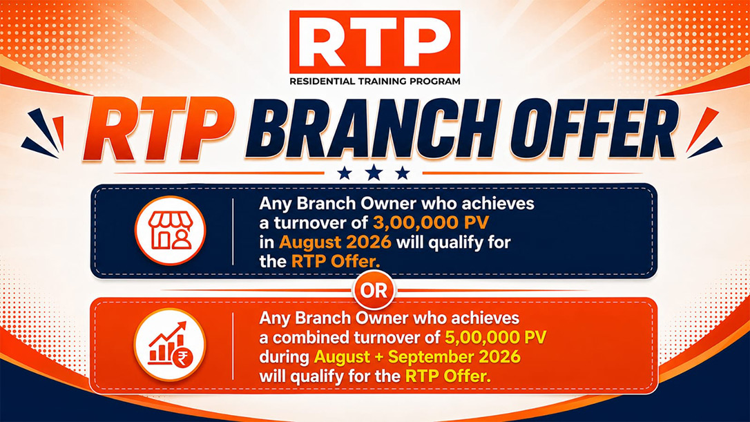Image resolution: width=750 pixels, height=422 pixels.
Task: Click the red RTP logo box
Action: click(374, 41)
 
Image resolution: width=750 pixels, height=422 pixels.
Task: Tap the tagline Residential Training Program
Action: click(374, 81)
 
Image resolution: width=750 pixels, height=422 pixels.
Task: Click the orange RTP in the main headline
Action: click(159, 129)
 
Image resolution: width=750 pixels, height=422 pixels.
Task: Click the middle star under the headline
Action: click(374, 173)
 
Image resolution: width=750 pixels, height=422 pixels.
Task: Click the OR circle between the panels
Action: click(374, 290)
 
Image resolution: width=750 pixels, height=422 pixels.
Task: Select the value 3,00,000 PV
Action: click(431, 223)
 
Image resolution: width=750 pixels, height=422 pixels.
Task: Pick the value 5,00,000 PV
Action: click(496, 337)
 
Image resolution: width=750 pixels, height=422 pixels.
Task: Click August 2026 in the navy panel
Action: click(336, 242)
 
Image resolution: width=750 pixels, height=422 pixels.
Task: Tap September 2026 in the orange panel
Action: click(454, 357)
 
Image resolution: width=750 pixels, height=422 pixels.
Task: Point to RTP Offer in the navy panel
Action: click(336, 262)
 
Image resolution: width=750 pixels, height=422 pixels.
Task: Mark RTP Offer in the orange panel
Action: click(448, 376)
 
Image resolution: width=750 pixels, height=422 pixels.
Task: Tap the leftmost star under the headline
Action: click(345, 173)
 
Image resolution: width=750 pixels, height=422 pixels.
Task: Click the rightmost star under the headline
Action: click(403, 173)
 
